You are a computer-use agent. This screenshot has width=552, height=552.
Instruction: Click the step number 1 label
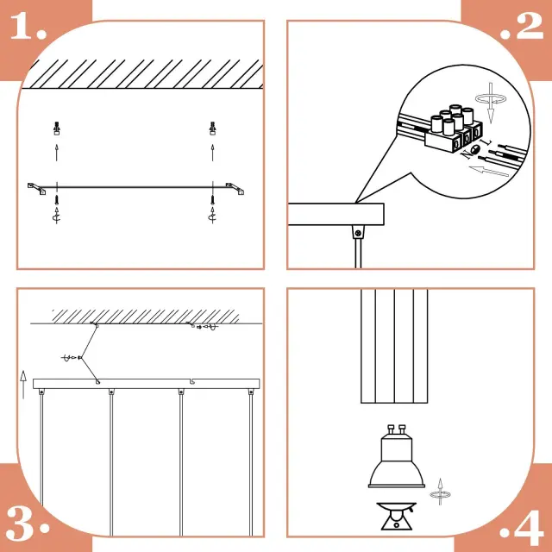click(x=28, y=26)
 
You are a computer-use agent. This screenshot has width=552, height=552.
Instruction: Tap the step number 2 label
click(x=522, y=26)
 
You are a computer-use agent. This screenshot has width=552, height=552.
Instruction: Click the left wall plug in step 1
click(x=57, y=129)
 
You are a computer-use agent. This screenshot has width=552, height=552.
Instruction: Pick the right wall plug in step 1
click(x=212, y=129)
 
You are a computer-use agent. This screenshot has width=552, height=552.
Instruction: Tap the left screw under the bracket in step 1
click(x=57, y=200)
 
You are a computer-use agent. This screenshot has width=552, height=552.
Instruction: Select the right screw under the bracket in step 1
click(x=212, y=200)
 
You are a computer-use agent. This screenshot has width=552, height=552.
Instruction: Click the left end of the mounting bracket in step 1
click(x=28, y=185)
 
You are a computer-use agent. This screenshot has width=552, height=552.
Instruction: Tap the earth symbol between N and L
click(x=475, y=149)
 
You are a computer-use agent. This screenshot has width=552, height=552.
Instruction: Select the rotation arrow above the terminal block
click(x=491, y=99)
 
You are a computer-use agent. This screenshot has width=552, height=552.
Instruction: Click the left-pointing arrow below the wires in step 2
click(x=489, y=171)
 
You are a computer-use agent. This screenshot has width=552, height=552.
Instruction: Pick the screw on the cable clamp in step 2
click(x=359, y=233)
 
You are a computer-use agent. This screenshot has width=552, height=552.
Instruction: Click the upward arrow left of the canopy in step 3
click(x=23, y=385)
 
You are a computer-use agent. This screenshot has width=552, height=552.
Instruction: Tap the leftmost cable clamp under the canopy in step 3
click(x=41, y=392)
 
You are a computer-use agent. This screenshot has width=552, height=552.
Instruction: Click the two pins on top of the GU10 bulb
click(x=396, y=430)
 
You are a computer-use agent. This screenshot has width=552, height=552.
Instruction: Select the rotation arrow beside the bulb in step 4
click(x=440, y=492)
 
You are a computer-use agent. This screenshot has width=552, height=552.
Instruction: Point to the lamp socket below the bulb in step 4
click(x=397, y=516)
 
